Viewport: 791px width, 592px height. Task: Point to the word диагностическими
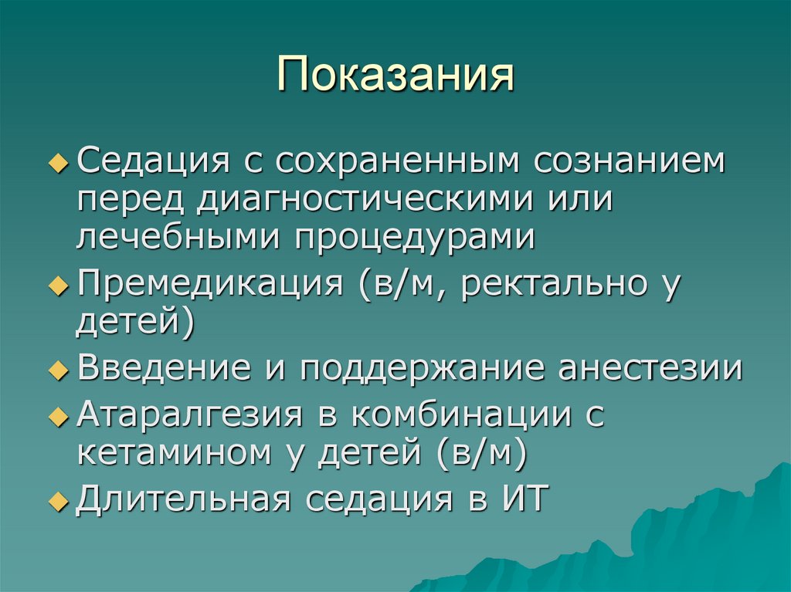point(362,200)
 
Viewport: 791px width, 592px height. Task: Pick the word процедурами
point(412,237)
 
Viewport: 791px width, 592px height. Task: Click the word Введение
point(154,368)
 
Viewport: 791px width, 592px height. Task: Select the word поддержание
point(417,368)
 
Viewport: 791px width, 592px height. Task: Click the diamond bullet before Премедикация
point(59,286)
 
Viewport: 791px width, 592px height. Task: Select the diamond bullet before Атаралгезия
point(59,417)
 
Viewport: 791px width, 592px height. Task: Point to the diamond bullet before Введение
point(59,370)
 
